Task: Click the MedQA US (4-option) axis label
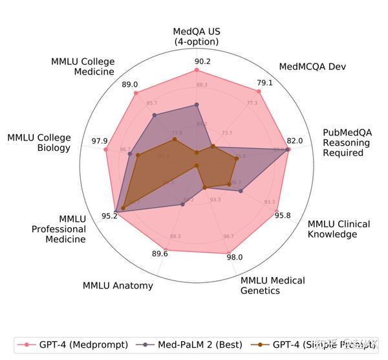[x=196, y=36]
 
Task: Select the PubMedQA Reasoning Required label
[x=346, y=142]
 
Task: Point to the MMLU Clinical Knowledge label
[x=338, y=229]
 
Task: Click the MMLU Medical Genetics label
[x=272, y=286]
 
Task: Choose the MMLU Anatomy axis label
[x=118, y=286]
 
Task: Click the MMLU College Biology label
[x=48, y=142]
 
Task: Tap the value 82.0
[x=294, y=141]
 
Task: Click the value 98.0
[x=235, y=257]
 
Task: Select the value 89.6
[x=160, y=254]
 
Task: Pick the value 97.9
[x=100, y=141]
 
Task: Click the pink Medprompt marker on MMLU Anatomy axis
[x=166, y=249]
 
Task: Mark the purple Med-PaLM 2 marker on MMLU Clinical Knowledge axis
[x=241, y=191]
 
